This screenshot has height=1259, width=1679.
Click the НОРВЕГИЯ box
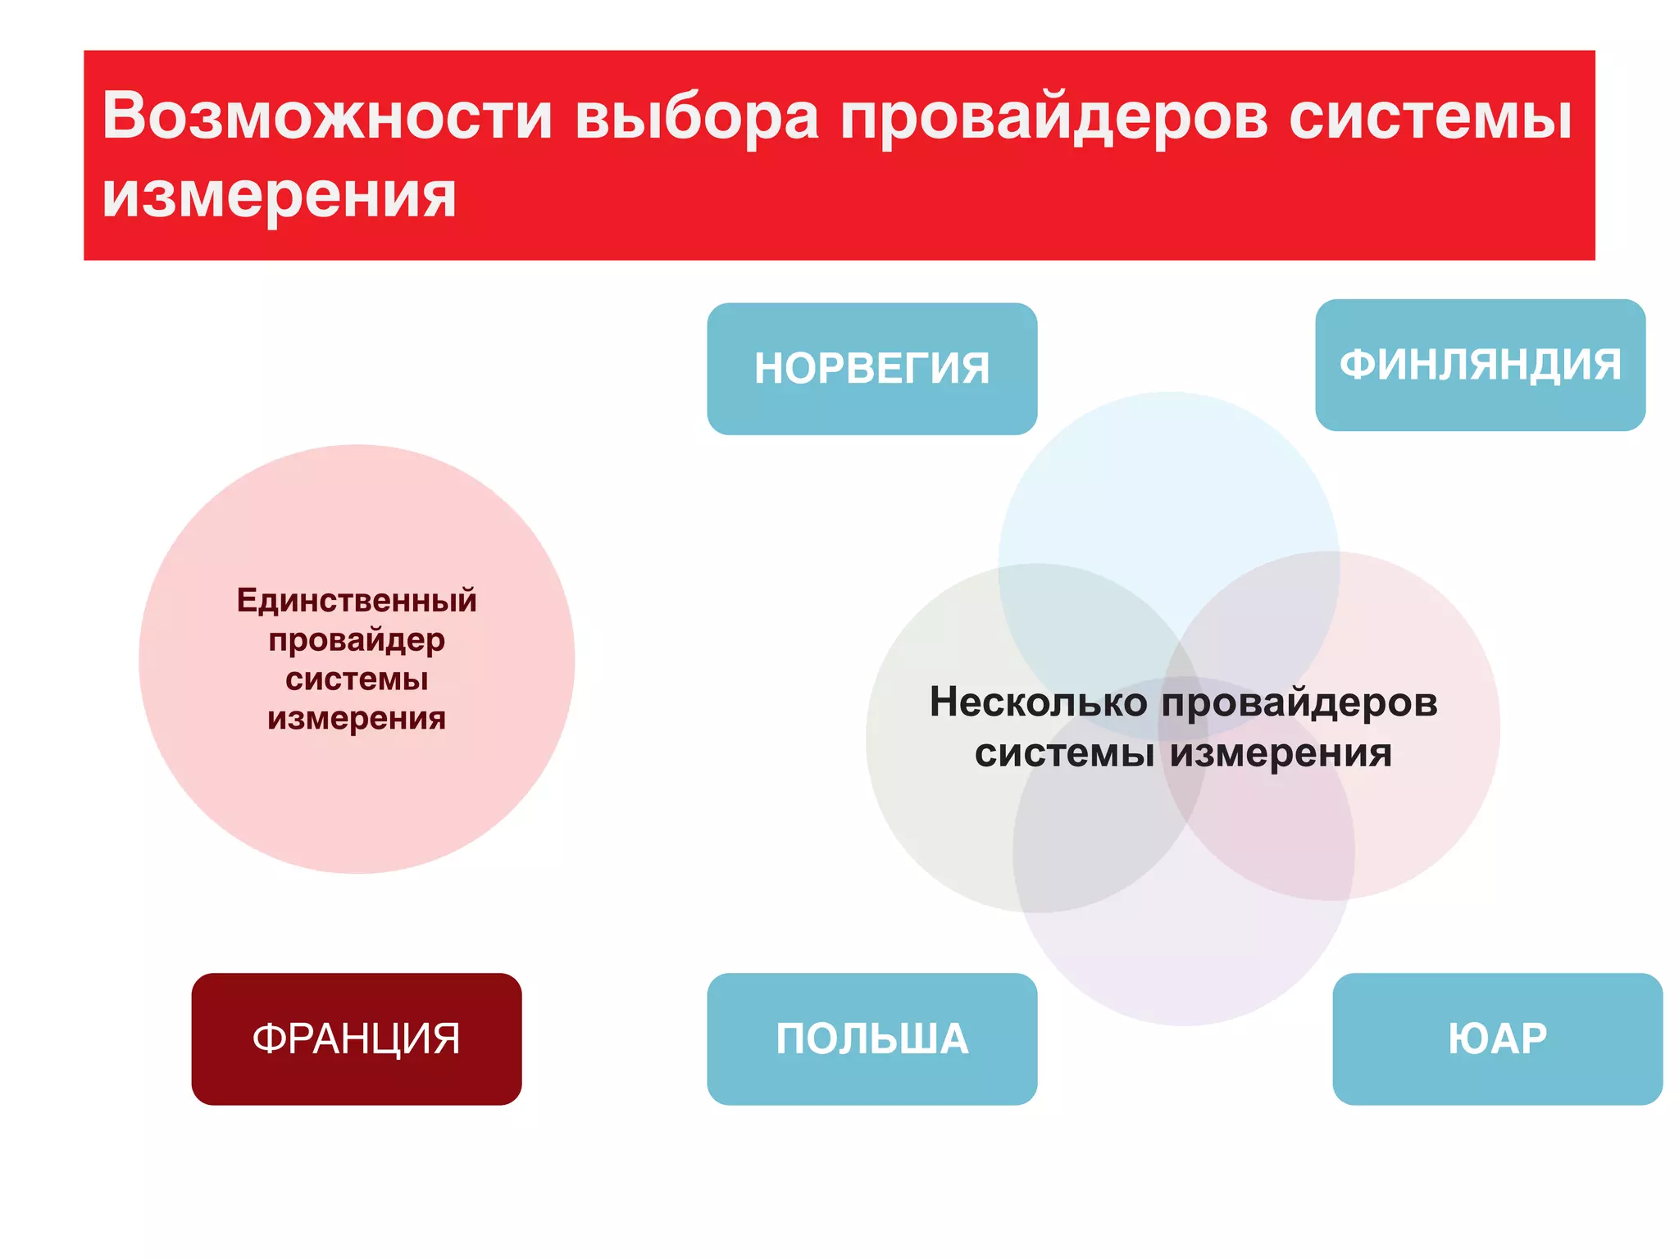click(871, 369)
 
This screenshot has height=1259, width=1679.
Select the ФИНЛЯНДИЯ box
click(1480, 365)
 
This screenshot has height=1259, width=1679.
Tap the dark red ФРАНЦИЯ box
click(357, 1039)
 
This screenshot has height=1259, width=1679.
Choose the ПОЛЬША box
click(871, 1039)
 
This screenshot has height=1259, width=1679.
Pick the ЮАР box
click(1497, 1039)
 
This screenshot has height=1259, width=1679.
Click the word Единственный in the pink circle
click(357, 600)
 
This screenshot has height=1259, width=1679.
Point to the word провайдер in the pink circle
click(357, 640)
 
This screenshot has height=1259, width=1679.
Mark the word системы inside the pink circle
click(357, 679)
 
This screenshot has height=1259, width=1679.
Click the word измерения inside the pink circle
click(357, 718)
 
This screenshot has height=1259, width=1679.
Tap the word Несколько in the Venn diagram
click(1038, 702)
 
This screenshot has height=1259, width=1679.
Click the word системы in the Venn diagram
click(1064, 752)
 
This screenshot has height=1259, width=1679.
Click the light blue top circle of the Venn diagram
click(1168, 492)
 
